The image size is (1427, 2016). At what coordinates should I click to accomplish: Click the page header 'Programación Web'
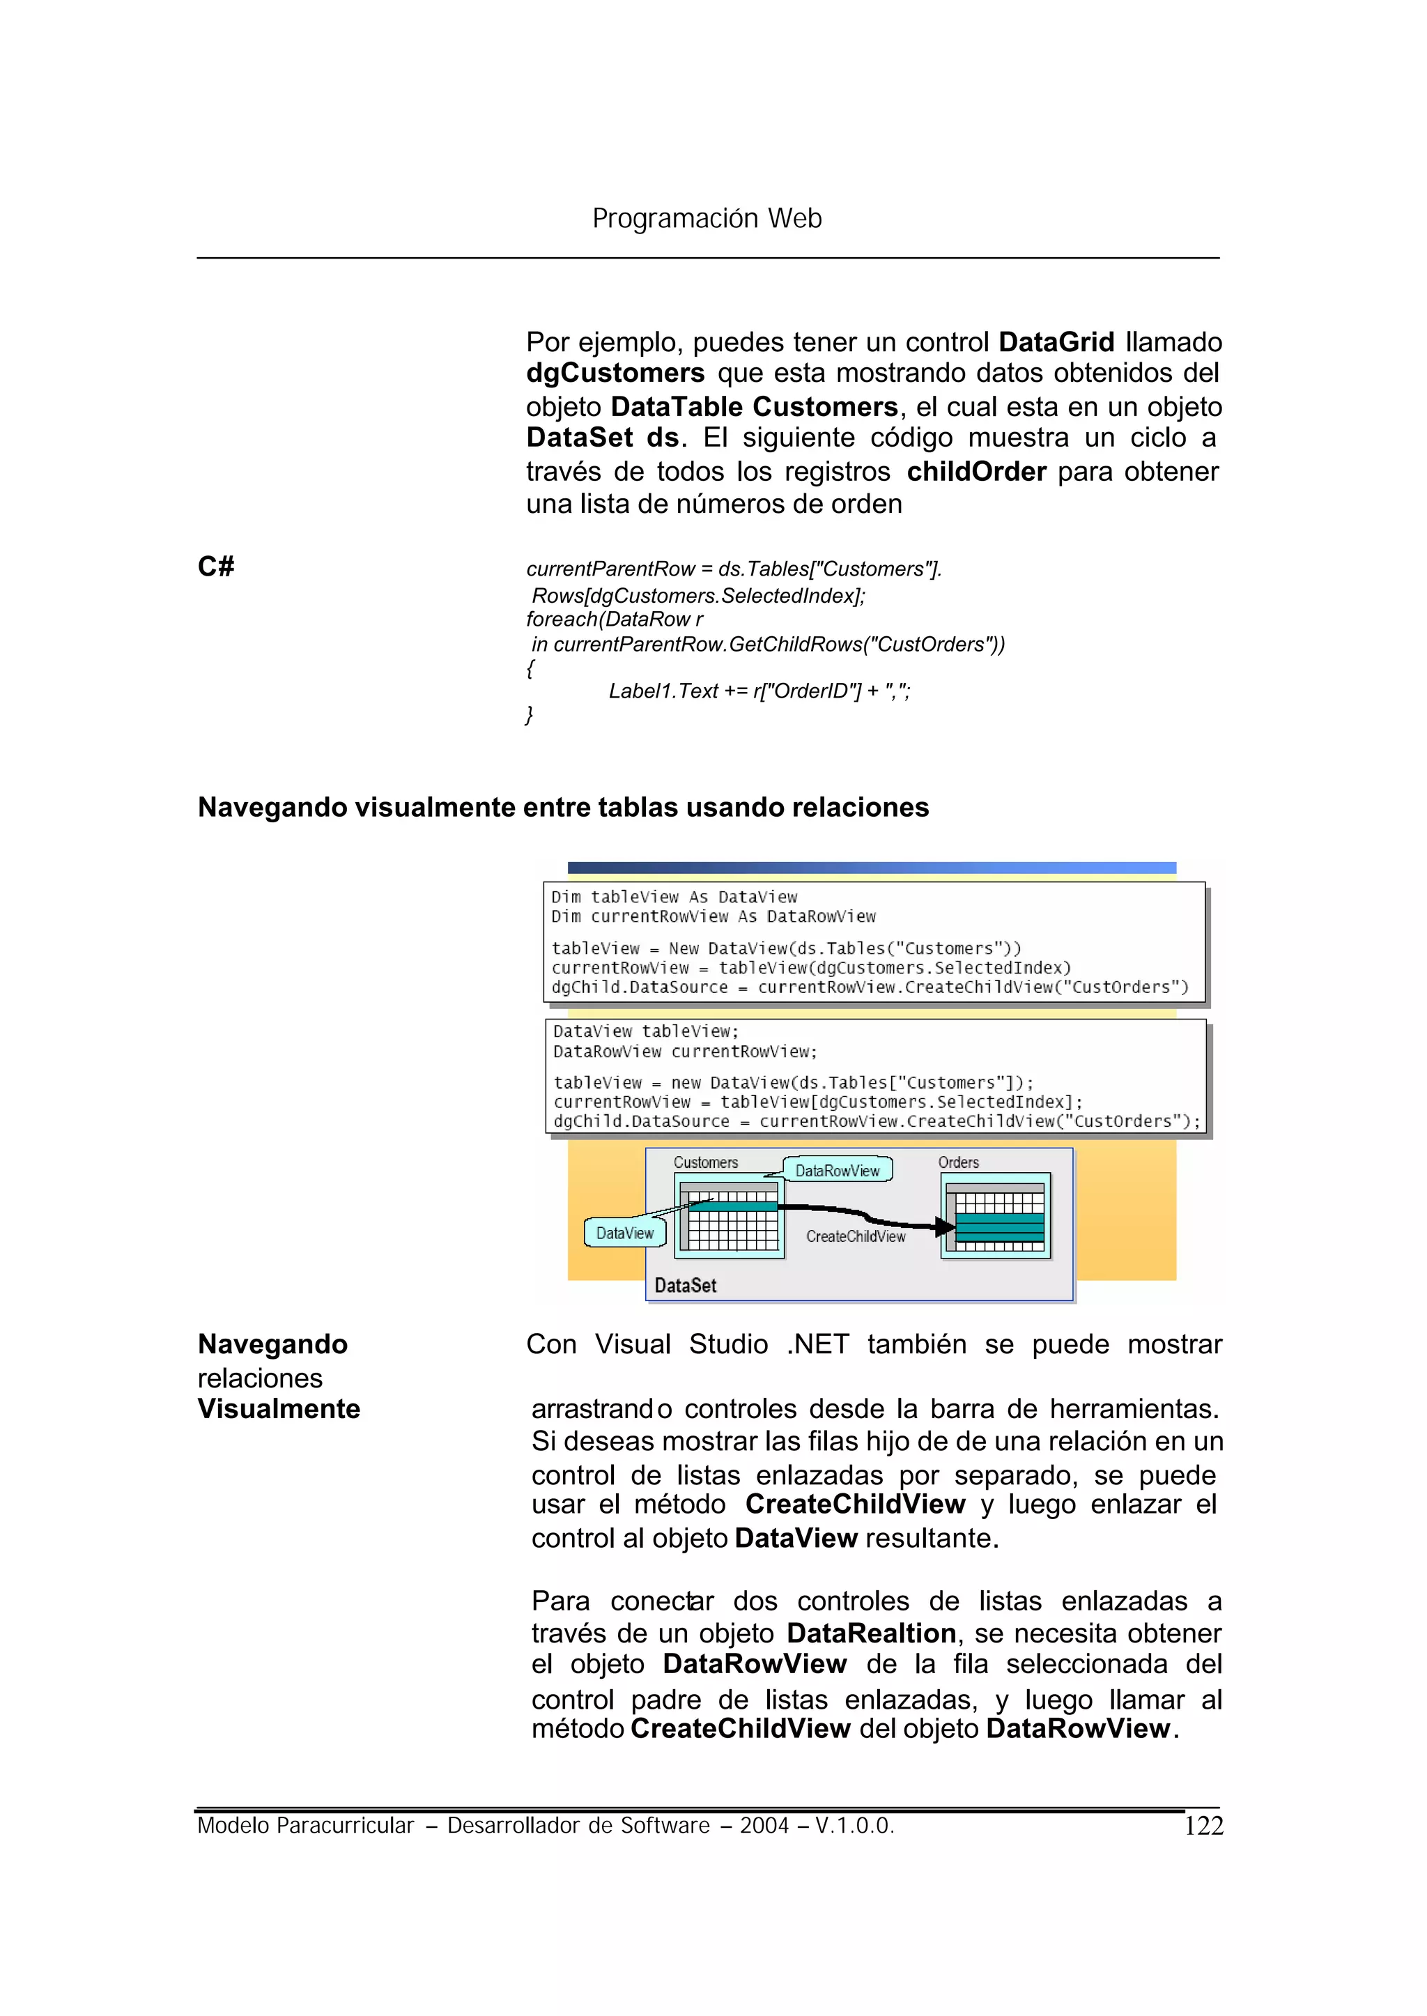tap(707, 218)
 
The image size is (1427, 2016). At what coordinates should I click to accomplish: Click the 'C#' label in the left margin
tap(216, 566)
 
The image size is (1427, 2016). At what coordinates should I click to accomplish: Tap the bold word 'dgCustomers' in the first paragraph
tap(615, 373)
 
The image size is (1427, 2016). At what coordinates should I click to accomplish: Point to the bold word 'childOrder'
tap(976, 472)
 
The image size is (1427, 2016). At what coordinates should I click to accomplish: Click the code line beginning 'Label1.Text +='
tap(759, 691)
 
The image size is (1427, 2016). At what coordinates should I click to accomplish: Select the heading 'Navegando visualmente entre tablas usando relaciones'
tap(562, 807)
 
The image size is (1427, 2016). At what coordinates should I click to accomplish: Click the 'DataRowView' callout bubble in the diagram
tap(838, 1171)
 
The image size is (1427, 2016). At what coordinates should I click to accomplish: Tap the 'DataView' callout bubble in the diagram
tap(625, 1233)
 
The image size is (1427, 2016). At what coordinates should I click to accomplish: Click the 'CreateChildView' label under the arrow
tap(855, 1236)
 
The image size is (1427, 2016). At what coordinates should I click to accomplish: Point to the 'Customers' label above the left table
tap(706, 1162)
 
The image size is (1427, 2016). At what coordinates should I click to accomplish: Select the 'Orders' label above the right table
tap(958, 1162)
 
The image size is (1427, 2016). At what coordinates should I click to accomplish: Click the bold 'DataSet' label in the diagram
tap(686, 1286)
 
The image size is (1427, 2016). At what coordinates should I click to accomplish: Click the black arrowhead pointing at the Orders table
tap(946, 1227)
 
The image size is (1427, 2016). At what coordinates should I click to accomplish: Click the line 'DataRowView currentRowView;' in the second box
tap(686, 1052)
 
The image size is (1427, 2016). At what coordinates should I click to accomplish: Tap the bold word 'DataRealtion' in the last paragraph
tap(871, 1633)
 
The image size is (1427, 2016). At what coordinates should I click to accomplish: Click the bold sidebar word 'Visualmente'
tap(279, 1409)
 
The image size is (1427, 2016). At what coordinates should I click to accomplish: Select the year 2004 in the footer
tap(764, 1826)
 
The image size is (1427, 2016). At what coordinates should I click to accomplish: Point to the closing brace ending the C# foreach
tap(529, 714)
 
